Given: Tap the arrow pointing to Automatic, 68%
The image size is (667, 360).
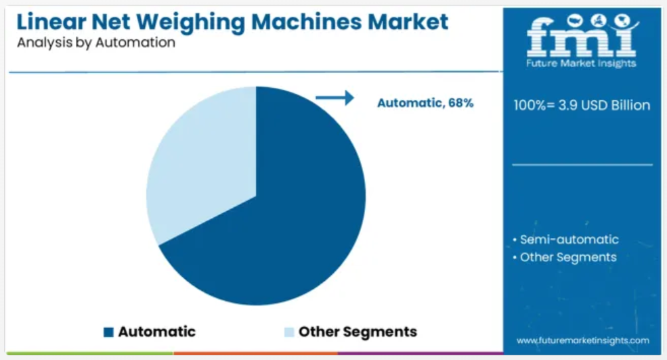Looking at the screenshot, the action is (335, 97).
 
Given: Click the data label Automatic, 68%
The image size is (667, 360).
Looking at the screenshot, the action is (425, 103).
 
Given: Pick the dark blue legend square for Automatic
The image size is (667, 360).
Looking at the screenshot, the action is (108, 332).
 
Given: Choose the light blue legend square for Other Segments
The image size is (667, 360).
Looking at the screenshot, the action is (289, 332).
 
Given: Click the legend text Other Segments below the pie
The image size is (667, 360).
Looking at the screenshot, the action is (358, 332).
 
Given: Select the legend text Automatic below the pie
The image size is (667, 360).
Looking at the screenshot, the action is (157, 332).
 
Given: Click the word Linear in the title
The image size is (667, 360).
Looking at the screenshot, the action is (51, 22).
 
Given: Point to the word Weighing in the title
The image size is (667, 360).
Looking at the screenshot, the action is (190, 23).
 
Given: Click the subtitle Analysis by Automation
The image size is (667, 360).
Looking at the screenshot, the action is (96, 43).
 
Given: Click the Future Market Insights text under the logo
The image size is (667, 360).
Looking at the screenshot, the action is (581, 64).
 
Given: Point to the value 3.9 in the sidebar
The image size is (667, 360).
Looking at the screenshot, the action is (568, 105).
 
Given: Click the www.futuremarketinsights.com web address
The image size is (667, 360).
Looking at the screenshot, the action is (583, 340).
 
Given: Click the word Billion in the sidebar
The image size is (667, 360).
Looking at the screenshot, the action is (630, 105).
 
